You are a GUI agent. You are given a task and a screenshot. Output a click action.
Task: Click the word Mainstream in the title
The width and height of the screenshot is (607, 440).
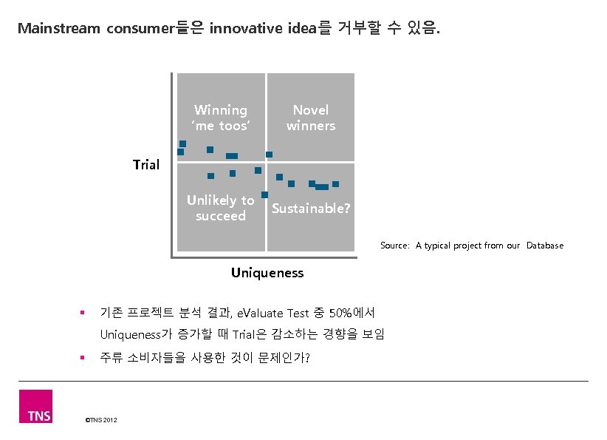59,29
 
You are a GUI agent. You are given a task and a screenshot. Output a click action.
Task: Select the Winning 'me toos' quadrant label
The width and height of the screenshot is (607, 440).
221,118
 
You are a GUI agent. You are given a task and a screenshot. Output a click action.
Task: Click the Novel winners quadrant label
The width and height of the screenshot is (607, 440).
311,118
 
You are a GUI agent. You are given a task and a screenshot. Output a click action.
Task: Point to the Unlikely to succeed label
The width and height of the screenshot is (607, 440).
220,208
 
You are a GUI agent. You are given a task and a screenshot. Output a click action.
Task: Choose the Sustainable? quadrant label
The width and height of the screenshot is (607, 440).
311,209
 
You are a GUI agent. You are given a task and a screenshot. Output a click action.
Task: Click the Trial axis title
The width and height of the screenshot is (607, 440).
146,164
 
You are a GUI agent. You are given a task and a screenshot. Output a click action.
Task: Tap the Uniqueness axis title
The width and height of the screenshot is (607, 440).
267,273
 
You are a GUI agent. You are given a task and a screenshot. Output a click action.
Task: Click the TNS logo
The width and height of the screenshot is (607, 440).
35,406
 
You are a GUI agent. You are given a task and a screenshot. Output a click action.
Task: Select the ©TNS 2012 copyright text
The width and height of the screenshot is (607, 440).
101,421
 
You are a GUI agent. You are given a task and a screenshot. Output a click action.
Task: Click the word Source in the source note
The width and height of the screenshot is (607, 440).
394,246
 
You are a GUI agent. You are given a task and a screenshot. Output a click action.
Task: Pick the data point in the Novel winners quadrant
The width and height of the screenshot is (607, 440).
270,155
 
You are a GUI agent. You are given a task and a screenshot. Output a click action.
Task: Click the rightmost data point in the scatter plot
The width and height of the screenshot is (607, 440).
335,183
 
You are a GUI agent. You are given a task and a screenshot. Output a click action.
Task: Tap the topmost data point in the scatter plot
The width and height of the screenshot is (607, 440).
183,143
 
